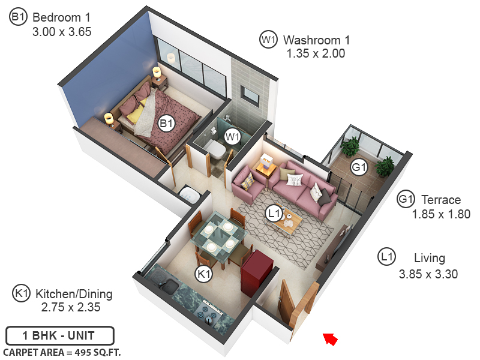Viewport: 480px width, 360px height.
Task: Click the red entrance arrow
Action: coord(329,339)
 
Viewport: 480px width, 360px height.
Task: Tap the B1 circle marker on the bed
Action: coord(166,124)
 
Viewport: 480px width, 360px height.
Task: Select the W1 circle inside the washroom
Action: coord(232,137)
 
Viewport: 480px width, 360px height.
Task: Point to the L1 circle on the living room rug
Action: coord(275,213)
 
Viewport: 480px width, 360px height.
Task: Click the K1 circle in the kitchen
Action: coord(205,274)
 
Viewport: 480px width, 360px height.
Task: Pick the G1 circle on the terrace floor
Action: coord(358,167)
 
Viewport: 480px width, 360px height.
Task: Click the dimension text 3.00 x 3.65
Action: coord(62,32)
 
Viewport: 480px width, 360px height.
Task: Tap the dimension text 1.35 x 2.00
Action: coord(316,54)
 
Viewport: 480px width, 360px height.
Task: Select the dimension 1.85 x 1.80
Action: coord(440,214)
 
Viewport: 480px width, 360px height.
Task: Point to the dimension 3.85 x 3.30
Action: coord(428,274)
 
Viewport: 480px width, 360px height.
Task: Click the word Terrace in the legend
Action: coord(441,200)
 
